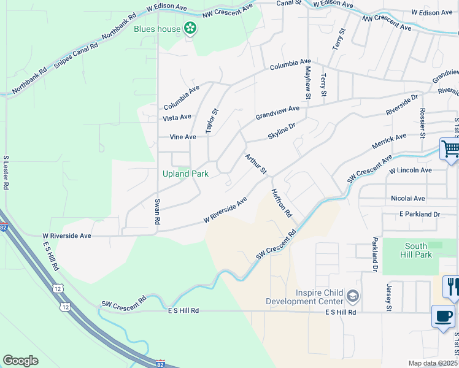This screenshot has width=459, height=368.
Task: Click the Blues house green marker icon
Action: pyautogui.click(x=191, y=28)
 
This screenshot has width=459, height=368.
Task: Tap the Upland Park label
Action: pyautogui.click(x=185, y=174)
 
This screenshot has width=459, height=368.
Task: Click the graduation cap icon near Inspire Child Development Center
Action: pyautogui.click(x=353, y=297)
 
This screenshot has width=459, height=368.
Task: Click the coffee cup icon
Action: pyautogui.click(x=443, y=316)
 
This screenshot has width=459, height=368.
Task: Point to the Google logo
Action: pyautogui.click(x=21, y=360)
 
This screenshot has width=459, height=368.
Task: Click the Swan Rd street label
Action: pyautogui.click(x=158, y=211)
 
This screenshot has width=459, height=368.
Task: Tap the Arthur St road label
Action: pyautogui.click(x=256, y=164)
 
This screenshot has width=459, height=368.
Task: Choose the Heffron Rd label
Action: pyautogui.click(x=282, y=203)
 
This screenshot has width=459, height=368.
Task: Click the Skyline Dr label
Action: pyautogui.click(x=282, y=130)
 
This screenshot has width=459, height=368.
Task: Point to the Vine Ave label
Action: pyautogui.click(x=183, y=137)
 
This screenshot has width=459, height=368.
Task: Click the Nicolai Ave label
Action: pyautogui.click(x=407, y=199)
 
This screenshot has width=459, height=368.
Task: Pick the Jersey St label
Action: pyautogui.click(x=388, y=297)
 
